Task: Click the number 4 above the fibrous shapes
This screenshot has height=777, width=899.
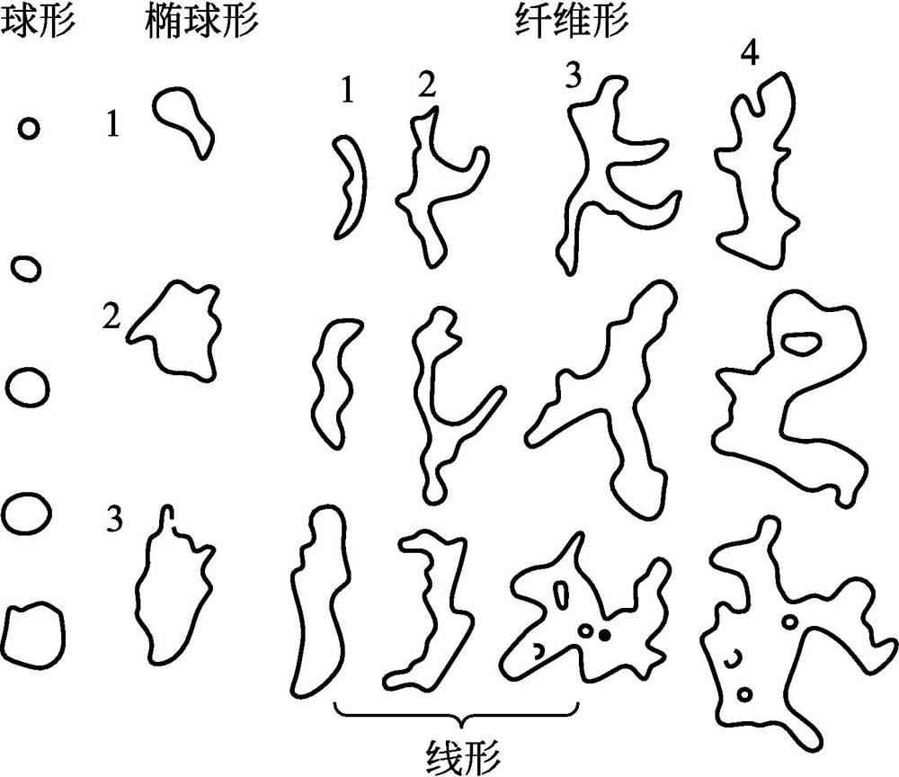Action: [749, 55]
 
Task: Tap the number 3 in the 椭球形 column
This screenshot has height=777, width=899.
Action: [114, 519]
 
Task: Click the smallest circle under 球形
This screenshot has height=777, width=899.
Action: [29, 129]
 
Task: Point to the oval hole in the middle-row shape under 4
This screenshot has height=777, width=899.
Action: [799, 342]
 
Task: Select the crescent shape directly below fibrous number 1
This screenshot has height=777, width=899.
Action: [348, 186]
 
